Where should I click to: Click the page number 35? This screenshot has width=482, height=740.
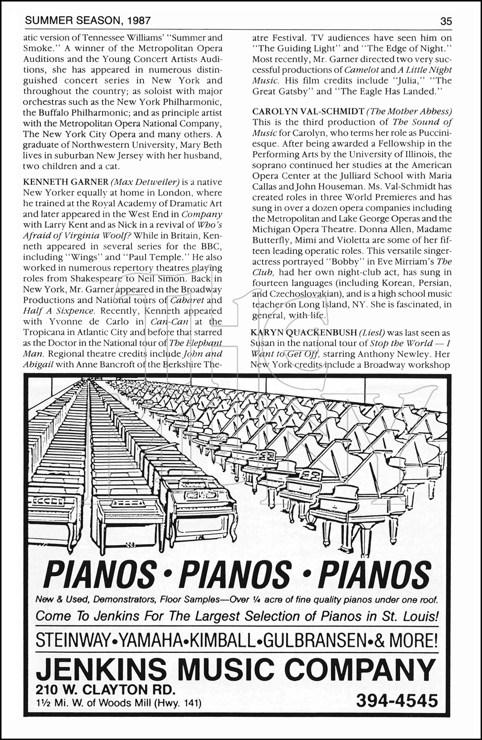click(446, 21)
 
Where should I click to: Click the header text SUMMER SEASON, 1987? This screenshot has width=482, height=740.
click(88, 21)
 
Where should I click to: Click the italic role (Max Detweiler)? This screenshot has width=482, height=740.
click(140, 183)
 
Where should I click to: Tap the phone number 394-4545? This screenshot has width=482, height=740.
click(397, 701)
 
